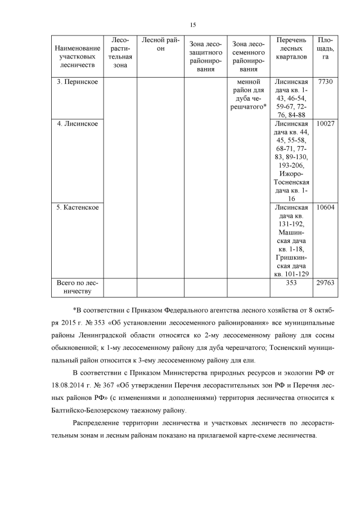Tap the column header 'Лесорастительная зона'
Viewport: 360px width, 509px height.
pyautogui.click(x=121, y=53)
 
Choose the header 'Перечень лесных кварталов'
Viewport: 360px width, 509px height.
pyautogui.click(x=291, y=48)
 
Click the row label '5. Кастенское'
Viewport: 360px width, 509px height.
pyautogui.click(x=78, y=208)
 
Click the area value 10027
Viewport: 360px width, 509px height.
pyautogui.click(x=326, y=124)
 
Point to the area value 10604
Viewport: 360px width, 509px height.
pyautogui.click(x=326, y=208)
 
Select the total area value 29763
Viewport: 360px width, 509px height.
pyautogui.click(x=326, y=283)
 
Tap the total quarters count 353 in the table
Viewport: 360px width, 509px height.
pyautogui.click(x=291, y=283)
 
